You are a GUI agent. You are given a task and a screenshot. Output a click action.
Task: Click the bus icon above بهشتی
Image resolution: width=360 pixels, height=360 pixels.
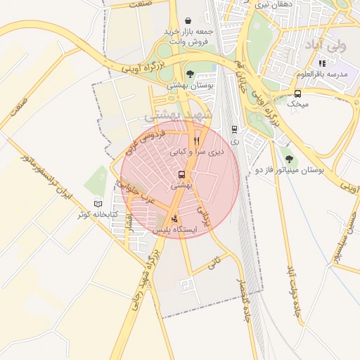pos(182,174)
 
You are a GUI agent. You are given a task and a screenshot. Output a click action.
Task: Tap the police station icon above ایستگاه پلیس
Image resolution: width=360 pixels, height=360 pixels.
pos(174,218)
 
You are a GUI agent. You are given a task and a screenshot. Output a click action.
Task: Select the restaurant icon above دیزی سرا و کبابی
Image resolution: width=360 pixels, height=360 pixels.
pos(186,140)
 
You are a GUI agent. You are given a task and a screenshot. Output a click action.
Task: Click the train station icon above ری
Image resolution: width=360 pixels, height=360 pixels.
pos(234,129)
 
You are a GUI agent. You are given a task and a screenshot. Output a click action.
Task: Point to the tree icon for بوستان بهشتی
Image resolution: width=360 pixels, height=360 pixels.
pos(190,73)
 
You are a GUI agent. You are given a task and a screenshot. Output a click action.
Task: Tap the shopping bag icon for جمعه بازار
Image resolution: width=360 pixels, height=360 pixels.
pos(188,21)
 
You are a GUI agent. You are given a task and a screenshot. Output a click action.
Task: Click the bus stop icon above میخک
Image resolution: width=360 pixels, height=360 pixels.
pos(298,93)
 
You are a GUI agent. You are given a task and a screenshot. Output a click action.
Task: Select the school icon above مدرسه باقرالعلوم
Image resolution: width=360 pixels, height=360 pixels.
pos(321,63)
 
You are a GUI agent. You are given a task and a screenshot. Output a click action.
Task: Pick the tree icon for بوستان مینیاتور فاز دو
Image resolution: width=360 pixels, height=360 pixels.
pos(288,159)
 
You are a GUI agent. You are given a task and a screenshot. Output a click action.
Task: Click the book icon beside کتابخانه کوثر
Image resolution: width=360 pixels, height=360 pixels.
pos(98,203)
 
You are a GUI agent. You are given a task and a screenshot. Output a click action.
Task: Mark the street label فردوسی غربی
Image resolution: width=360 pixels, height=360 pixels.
pos(147,140)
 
